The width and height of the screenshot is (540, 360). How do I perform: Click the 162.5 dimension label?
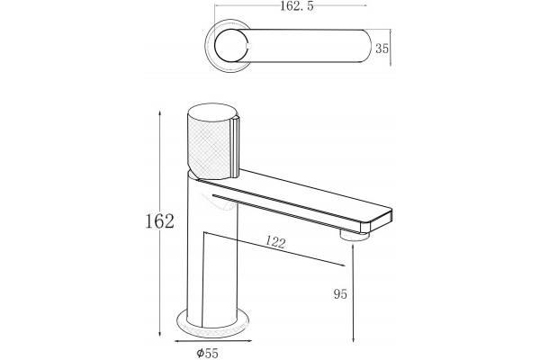(x=296, y=6)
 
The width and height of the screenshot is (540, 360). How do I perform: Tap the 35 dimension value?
(x=382, y=49)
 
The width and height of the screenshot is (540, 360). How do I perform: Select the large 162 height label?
(x=159, y=220)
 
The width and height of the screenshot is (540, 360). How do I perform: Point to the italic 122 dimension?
(x=275, y=242)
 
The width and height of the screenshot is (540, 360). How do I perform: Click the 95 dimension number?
(x=340, y=294)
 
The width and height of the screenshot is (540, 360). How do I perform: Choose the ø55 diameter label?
(x=207, y=353)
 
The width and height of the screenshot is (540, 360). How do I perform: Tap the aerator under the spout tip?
(x=355, y=237)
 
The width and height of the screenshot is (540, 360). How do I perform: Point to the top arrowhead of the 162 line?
(x=159, y=113)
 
